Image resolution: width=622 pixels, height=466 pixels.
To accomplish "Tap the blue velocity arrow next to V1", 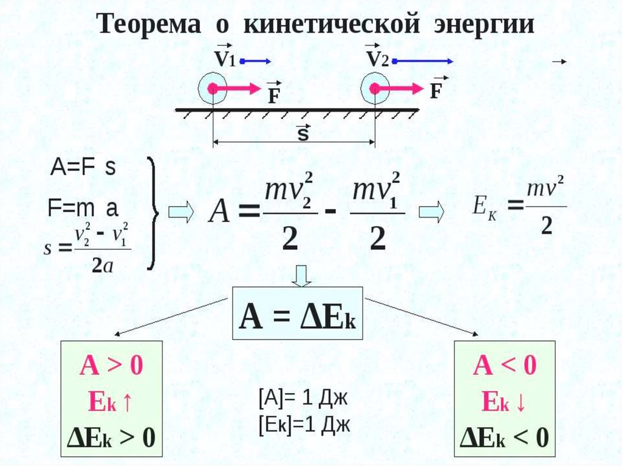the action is (255, 61).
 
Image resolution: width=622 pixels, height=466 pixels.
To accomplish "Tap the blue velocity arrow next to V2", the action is (424, 61).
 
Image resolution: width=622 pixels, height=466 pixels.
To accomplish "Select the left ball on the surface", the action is (212, 89).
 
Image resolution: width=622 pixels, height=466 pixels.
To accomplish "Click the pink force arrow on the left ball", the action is (238, 89).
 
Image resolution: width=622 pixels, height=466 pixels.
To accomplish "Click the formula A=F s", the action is (82, 168).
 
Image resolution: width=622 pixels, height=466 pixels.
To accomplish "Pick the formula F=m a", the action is (83, 208).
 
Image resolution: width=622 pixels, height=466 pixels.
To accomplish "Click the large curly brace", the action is (152, 213).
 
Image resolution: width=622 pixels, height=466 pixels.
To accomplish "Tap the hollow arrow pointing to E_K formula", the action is (432, 212).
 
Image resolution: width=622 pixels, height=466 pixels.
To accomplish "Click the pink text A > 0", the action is (111, 366).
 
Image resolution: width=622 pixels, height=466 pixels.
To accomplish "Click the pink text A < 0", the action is (505, 366).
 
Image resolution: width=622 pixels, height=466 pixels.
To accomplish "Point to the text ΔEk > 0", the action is (111, 436).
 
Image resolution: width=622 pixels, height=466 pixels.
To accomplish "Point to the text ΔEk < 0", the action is (505, 436).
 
